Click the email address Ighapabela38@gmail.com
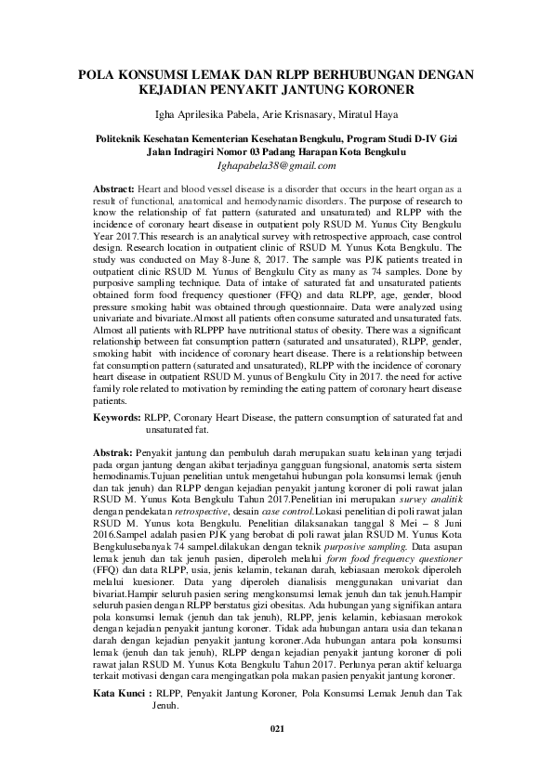point(276,166)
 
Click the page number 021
point(276,756)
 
